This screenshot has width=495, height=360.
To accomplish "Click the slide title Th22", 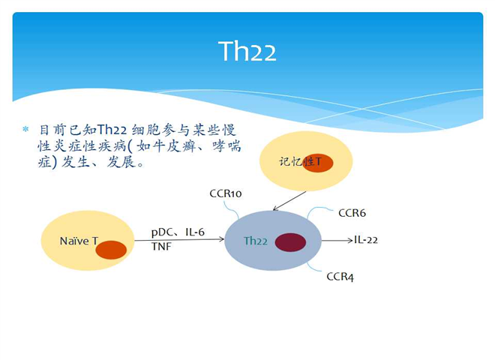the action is [x=247, y=51].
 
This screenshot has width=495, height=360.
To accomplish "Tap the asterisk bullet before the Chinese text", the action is [x=25, y=129].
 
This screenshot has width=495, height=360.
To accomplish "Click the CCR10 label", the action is [x=226, y=193].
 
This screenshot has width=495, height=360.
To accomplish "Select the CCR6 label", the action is [x=352, y=213].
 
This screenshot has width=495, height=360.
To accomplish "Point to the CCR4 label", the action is [x=340, y=277].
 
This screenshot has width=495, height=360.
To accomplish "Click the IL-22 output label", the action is [x=366, y=240].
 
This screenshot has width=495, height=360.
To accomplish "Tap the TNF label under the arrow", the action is [x=161, y=246].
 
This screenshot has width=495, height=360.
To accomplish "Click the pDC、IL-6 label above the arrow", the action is [x=178, y=232].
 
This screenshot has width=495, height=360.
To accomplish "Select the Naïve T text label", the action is [x=79, y=241].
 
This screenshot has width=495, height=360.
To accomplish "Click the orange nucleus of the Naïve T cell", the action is [x=111, y=250].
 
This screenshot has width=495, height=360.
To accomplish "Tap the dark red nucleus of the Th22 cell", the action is [x=290, y=242].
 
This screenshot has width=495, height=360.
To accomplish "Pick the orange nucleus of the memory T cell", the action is [x=318, y=163].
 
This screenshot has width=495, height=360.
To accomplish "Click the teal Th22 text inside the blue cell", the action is [x=256, y=241].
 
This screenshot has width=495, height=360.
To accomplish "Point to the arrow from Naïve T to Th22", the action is [x=179, y=240].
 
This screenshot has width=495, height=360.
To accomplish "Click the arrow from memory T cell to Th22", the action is [x=289, y=201].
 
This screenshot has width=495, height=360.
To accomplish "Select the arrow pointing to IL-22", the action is [x=337, y=241].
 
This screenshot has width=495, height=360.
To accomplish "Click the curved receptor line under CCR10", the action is [x=232, y=210].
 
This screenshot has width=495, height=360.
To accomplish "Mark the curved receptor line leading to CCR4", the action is [x=313, y=267].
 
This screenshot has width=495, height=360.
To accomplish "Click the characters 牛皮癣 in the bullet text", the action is [x=174, y=146].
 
